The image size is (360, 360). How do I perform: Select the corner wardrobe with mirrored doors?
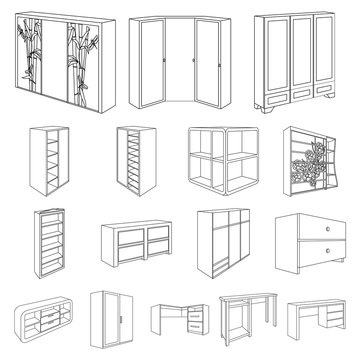pos(180,60)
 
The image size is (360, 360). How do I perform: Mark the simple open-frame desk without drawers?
pos(250,324)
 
